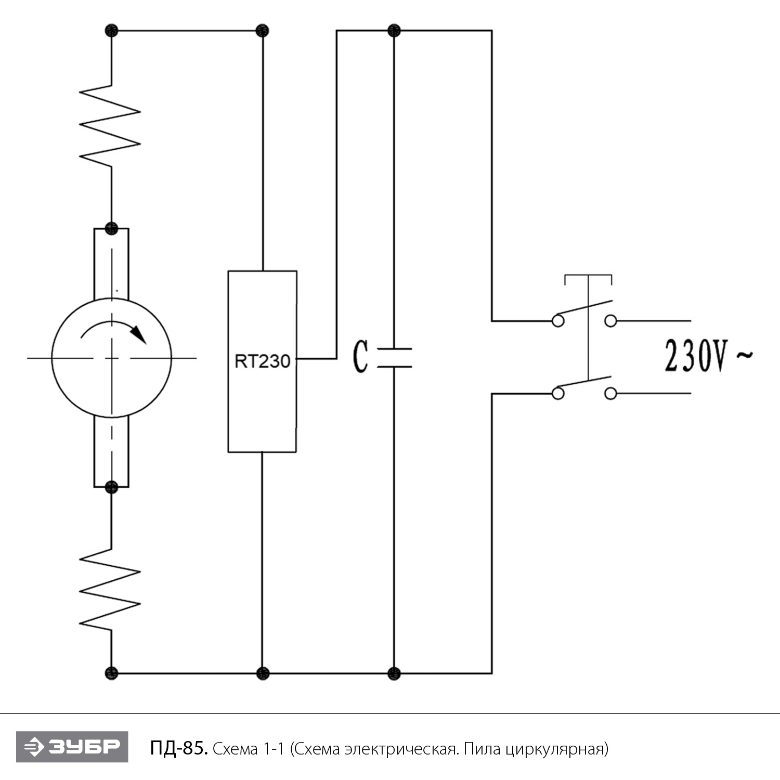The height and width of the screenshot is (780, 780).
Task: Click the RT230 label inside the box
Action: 262,361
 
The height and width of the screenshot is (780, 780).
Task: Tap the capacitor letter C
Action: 360,357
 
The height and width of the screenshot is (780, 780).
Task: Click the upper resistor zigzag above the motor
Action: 110,125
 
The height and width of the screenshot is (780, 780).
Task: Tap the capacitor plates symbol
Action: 394,358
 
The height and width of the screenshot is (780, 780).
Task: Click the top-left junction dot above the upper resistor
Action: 111,31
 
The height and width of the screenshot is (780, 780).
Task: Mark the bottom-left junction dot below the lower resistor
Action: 111,673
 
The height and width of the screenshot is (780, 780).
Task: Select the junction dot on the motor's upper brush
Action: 111,228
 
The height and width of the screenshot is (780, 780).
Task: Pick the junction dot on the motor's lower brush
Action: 111,487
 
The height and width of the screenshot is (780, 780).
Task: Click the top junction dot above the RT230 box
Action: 263,31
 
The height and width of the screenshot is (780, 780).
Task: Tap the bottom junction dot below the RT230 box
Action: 263,673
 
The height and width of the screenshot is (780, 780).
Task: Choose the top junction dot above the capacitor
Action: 394,31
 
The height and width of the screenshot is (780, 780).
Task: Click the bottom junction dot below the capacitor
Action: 394,673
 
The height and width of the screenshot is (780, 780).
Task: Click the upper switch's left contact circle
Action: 558,321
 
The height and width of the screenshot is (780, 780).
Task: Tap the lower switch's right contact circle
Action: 610,394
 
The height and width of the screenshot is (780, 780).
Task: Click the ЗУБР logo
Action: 72,747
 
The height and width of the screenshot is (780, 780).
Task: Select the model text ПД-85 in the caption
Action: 179,749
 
